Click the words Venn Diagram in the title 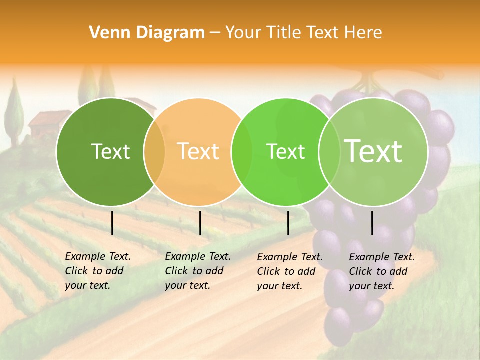147,33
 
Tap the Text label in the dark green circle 110,151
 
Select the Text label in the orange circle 198,151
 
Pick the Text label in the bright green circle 285,151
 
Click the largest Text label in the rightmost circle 373,151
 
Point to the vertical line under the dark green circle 112,223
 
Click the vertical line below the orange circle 200,223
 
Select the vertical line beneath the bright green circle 288,223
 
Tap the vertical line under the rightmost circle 372,223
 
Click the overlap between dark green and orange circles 154,151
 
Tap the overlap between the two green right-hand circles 329,151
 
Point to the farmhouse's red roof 45,119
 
